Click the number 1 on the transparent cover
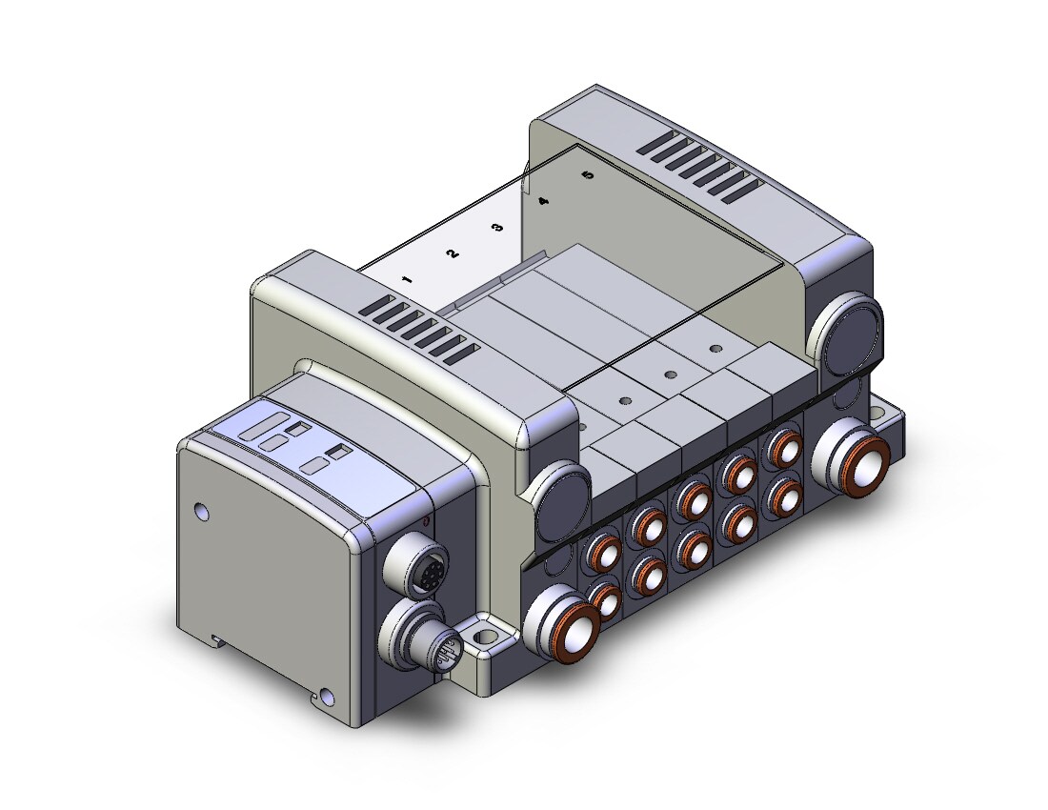click(x=407, y=279)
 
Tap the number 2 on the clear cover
click(x=453, y=253)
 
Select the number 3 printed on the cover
click(x=497, y=227)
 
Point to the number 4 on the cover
click(x=543, y=200)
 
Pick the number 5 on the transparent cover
click(x=588, y=175)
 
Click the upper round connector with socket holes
click(x=414, y=563)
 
